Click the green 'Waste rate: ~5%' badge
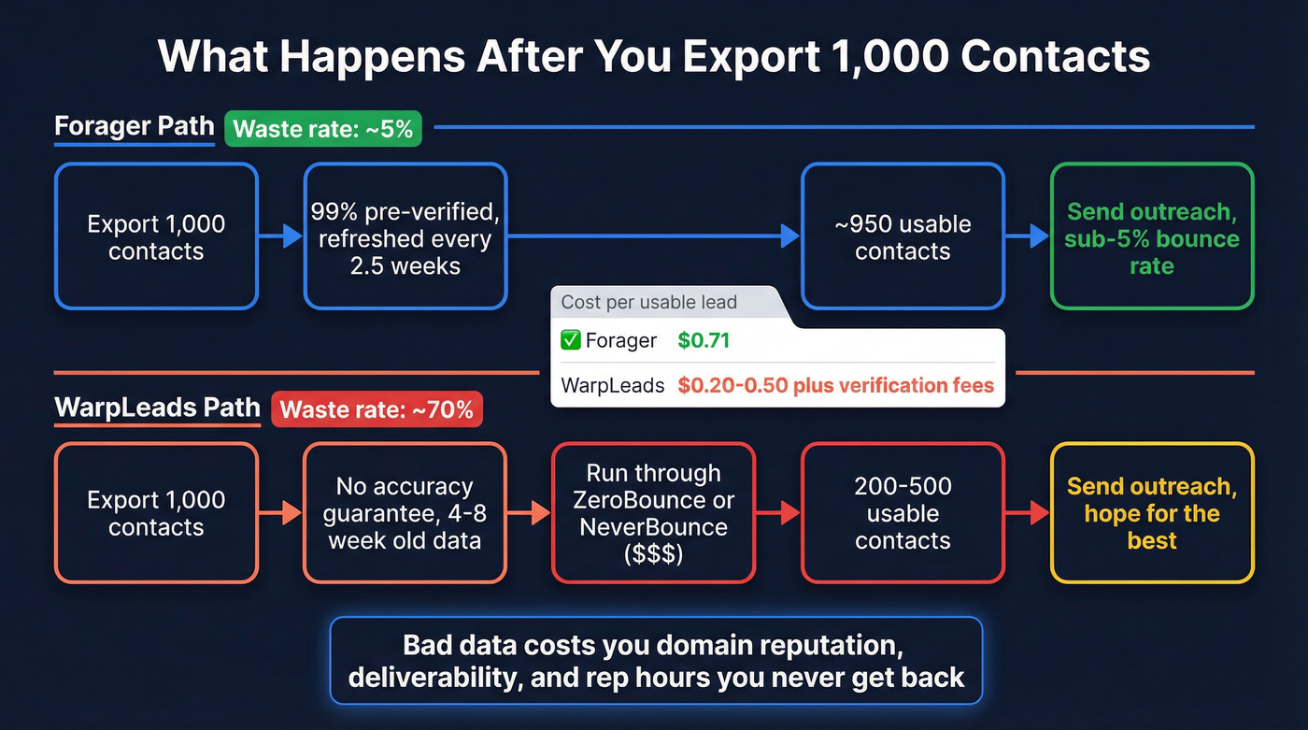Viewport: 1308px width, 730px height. click(322, 128)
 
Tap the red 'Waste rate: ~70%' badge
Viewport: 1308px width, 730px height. click(377, 409)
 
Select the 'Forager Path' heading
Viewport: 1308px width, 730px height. click(135, 126)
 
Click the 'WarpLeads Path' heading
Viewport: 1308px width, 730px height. click(157, 408)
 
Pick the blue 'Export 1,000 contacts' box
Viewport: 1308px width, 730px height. click(156, 236)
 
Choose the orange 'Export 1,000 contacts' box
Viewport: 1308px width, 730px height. click(156, 513)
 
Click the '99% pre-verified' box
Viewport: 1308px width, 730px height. click(405, 236)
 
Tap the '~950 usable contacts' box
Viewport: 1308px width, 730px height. click(903, 236)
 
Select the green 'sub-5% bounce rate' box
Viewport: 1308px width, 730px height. click(1152, 236)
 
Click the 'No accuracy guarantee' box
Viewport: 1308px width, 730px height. click(405, 513)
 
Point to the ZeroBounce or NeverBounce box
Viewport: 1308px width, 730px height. click(654, 513)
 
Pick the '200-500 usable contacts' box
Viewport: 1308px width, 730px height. click(903, 513)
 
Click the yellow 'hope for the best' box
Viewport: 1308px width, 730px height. click(1152, 513)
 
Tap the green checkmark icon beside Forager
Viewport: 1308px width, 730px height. click(571, 340)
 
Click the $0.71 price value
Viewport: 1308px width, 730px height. click(704, 340)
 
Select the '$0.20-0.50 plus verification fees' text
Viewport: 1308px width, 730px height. click(835, 384)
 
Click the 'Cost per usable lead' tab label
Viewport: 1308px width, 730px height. click(648, 302)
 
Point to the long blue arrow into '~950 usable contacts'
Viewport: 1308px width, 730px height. click(654, 236)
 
